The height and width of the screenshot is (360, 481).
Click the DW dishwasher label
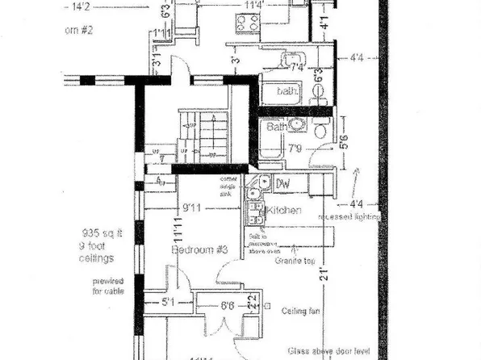pos(283,185)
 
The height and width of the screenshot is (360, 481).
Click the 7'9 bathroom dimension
pos(295,149)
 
